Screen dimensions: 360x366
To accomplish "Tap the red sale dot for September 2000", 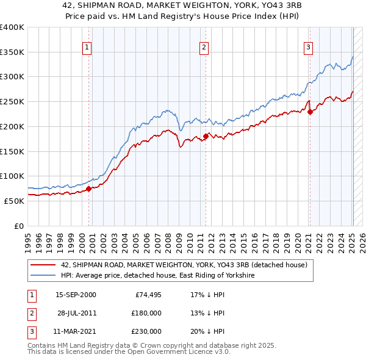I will [88, 189].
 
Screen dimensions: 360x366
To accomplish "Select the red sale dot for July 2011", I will [206, 136].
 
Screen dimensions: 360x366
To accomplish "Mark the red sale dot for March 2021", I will [310, 112].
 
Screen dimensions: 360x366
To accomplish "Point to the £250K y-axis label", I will [12, 102].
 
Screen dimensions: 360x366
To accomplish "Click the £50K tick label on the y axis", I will [13, 201].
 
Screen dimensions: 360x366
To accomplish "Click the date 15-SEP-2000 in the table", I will [76, 295].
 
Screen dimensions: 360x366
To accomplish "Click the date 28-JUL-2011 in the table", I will [76, 313].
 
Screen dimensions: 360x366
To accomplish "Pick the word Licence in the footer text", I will [196, 353].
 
